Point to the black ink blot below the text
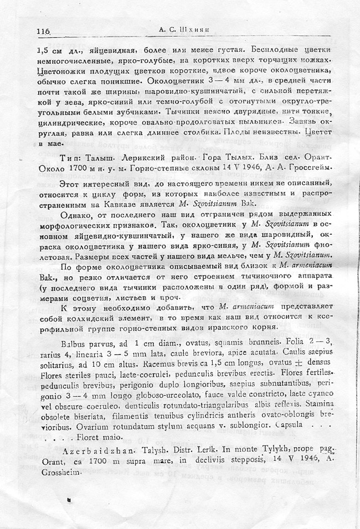68,500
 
